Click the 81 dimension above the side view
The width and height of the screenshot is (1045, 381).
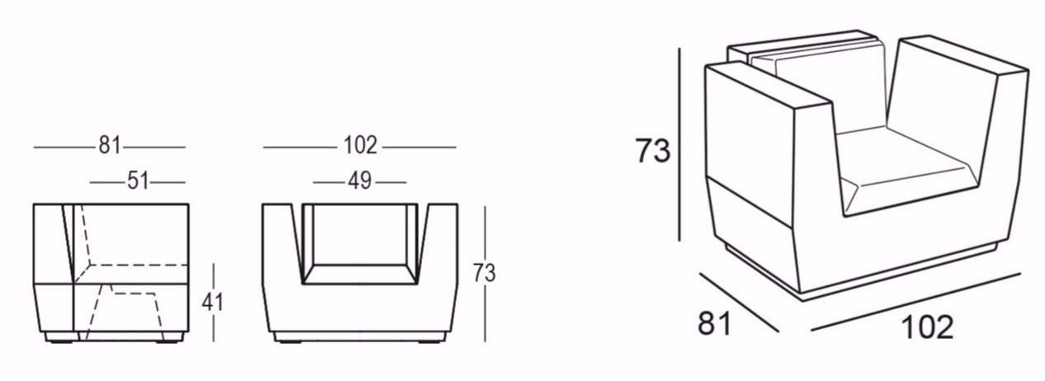click(110, 145)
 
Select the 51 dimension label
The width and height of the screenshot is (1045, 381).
click(138, 181)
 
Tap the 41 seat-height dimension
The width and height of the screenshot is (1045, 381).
click(213, 302)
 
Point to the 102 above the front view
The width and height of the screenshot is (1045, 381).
click(360, 145)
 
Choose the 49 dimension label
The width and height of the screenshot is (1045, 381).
click(360, 181)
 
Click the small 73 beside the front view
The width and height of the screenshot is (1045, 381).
click(484, 273)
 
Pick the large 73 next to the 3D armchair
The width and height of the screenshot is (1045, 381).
click(653, 151)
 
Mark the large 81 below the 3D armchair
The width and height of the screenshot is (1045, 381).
click(715, 322)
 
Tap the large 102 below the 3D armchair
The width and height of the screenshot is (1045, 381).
click(927, 327)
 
